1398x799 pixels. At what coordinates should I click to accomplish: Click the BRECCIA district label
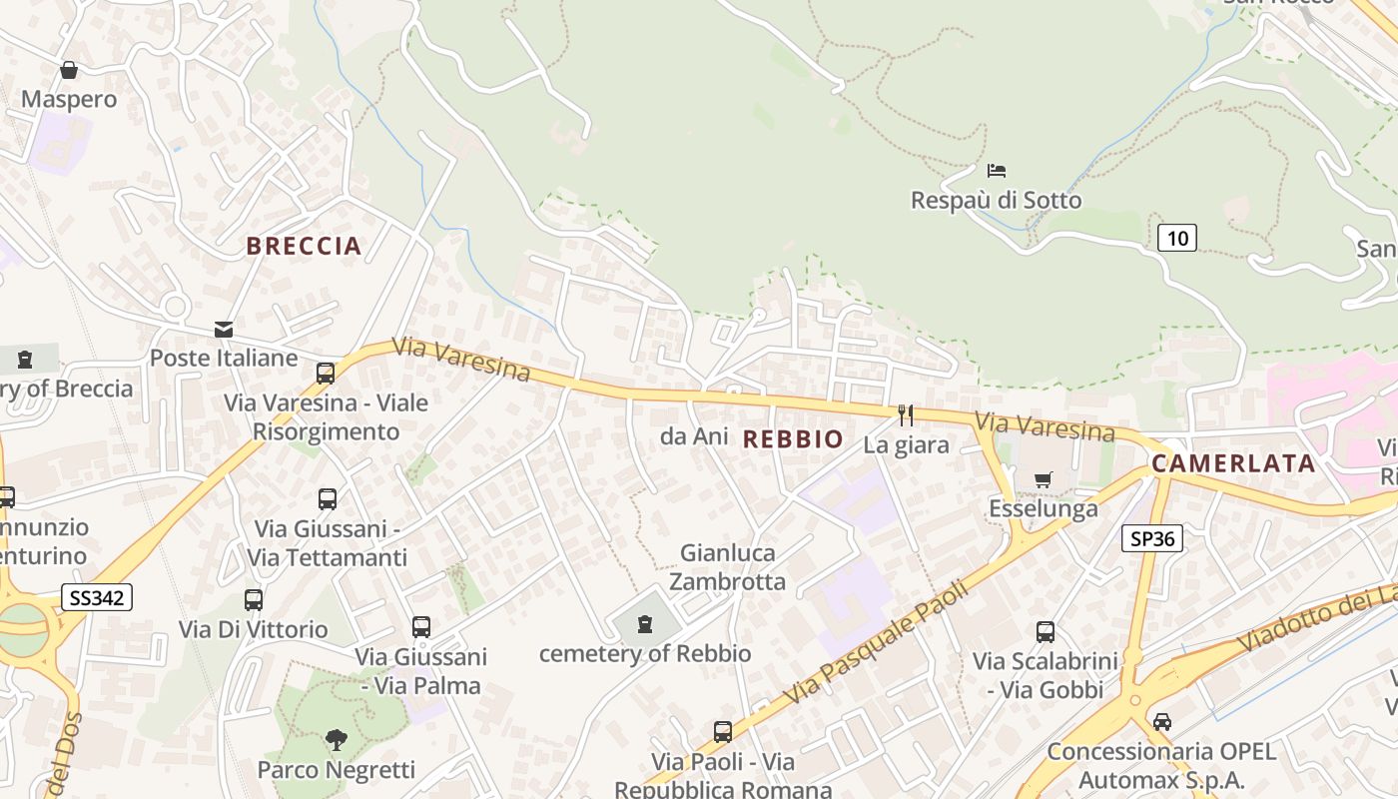coord(304,246)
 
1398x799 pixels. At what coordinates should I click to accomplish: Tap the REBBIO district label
coord(793,438)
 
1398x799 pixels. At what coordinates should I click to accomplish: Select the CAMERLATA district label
coord(1233,463)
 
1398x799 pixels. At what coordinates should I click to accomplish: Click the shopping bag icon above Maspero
coord(69,70)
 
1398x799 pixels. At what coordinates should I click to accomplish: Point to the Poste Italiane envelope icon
coord(224,329)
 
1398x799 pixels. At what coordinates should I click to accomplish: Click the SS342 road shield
coord(96,597)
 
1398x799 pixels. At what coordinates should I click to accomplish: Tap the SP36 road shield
coord(1152,538)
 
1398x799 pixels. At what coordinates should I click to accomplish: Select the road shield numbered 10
coord(1177,237)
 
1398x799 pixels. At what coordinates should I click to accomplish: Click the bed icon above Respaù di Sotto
coord(996,171)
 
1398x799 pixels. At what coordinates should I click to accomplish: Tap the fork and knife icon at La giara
coord(906,415)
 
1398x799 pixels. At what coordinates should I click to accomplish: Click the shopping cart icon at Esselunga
coord(1044,479)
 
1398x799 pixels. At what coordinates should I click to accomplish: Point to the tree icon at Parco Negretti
coord(336,740)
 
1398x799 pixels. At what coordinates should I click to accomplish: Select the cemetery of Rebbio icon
coord(645,625)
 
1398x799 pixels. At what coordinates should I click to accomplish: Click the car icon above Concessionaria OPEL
coord(1161,721)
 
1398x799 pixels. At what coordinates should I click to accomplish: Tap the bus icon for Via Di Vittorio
coord(254,600)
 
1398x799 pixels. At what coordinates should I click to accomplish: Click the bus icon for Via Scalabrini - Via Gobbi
coord(1045,632)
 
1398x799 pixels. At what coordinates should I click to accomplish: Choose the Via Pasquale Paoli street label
coord(876,642)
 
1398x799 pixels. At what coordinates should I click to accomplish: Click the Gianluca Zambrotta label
coord(727,566)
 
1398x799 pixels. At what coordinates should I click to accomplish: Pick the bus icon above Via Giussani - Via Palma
coord(421,627)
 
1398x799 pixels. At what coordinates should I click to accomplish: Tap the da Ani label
coord(694,436)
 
